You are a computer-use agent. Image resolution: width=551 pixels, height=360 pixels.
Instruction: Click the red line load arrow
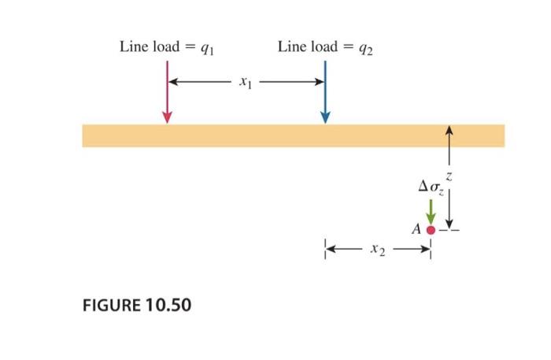click(167, 91)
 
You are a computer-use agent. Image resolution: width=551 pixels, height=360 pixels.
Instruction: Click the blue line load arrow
click(325, 91)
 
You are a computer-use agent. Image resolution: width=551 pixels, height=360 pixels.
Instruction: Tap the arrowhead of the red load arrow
click(167, 117)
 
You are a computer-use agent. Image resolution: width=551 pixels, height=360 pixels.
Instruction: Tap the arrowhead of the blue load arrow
click(325, 117)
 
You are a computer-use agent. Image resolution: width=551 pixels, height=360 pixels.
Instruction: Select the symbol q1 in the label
click(207, 48)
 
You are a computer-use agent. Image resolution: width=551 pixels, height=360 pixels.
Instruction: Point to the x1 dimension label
click(246, 81)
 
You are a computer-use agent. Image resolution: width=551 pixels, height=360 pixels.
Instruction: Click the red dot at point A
click(431, 230)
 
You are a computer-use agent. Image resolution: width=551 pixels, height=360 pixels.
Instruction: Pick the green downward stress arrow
click(431, 210)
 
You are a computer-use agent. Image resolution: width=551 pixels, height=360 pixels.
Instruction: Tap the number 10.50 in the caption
click(168, 304)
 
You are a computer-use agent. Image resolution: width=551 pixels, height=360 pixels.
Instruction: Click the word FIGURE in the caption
click(111, 304)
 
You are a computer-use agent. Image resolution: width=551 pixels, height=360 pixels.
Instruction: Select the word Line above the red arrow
click(132, 46)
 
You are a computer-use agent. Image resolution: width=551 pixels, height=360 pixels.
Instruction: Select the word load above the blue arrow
click(323, 46)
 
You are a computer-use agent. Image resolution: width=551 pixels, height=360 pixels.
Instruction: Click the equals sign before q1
click(190, 47)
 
